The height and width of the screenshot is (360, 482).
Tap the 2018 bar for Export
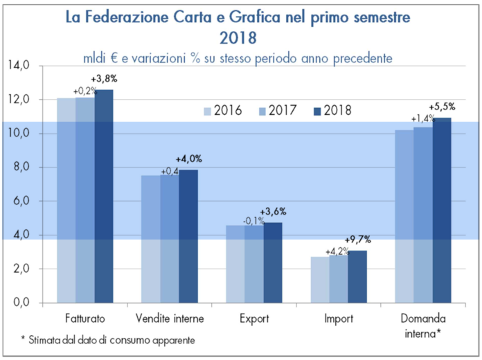coord(273,262)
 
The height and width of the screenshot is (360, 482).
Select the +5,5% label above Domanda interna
coord(442,107)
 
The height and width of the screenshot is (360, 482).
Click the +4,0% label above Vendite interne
coord(189,159)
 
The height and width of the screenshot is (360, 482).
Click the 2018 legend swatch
coord(319,111)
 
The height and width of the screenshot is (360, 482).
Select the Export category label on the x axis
coord(254,319)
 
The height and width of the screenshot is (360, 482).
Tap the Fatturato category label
coord(85,319)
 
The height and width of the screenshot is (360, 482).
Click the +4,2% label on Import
coord(338,252)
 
